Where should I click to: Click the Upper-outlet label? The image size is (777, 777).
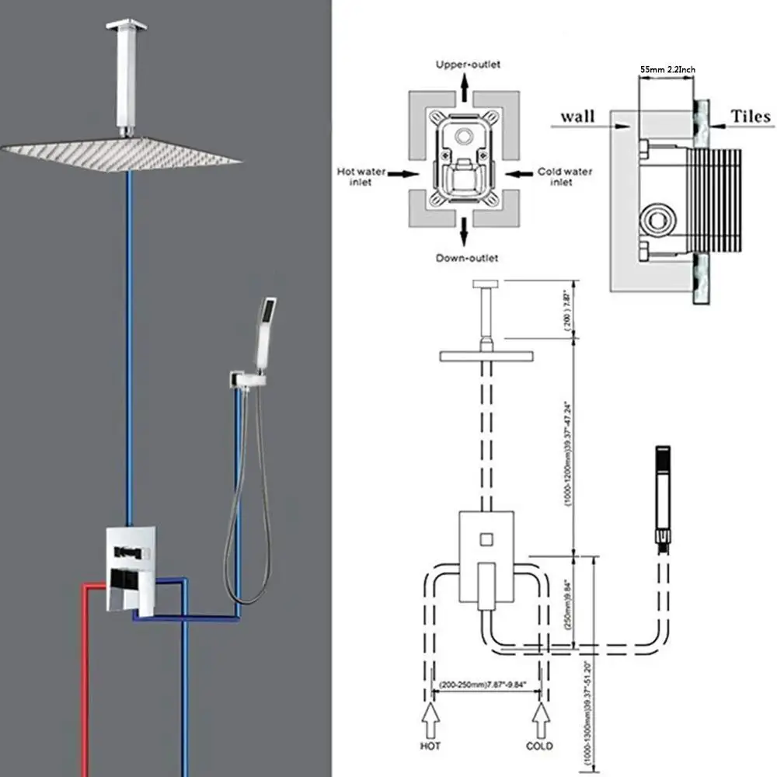point(467,64)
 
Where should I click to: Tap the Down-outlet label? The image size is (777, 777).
point(467,257)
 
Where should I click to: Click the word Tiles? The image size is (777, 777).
point(751,117)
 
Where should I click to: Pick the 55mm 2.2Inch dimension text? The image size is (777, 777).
point(667,69)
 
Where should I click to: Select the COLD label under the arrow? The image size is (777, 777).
point(539,746)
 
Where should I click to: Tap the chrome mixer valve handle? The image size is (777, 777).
point(124,591)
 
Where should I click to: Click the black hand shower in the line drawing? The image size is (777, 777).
point(663,490)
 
